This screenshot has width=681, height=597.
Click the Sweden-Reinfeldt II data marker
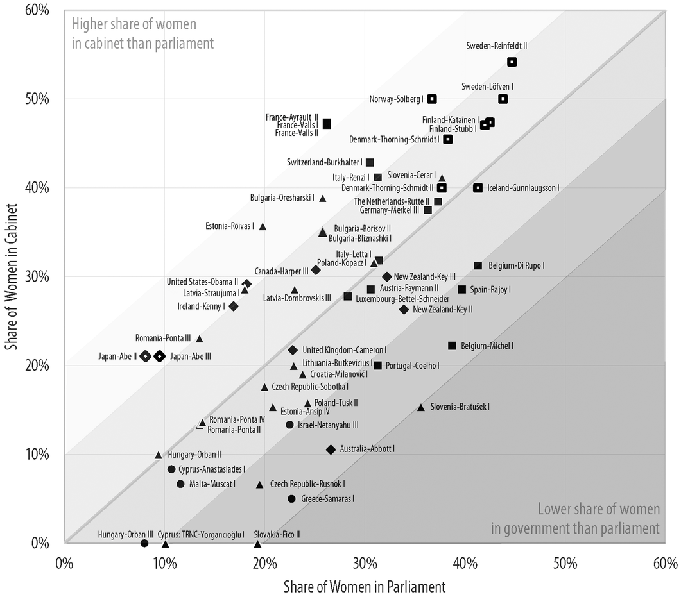click(512, 62)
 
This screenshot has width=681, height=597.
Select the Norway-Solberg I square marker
click(433, 99)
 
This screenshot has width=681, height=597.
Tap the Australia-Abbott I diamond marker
click(331, 450)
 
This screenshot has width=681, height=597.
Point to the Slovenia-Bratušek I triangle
click(421, 407)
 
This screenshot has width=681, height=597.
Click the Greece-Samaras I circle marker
click(291, 499)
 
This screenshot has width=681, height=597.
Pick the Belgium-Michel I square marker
click(452, 346)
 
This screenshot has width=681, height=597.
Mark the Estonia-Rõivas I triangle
click(263, 226)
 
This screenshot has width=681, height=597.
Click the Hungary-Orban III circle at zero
click(144, 543)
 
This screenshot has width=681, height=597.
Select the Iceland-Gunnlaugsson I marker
click(478, 188)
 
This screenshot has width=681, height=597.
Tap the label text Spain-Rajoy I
click(490, 290)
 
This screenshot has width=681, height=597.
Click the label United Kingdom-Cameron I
click(344, 350)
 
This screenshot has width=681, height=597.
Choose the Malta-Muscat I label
click(212, 484)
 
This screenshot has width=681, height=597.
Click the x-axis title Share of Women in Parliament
click(365, 585)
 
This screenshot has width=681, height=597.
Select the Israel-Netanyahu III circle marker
click(289, 425)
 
